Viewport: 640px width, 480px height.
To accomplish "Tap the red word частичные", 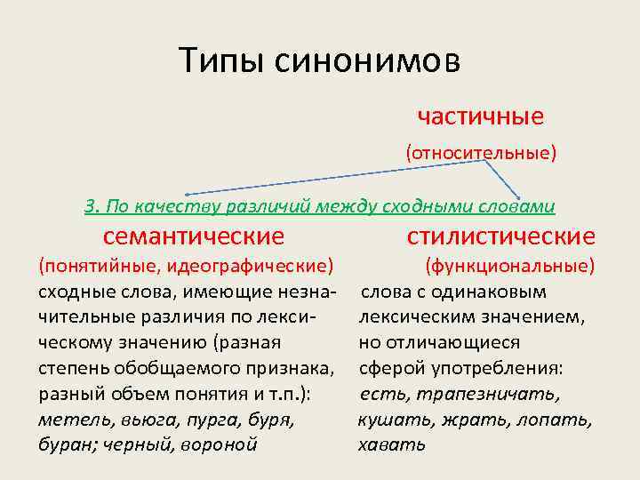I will tap(480, 116).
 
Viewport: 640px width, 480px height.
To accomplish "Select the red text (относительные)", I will tap(481, 153).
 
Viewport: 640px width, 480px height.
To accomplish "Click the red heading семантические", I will tap(194, 236).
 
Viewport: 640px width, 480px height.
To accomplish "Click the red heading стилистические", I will tap(500, 236).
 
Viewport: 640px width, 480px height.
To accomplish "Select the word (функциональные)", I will tap(510, 265).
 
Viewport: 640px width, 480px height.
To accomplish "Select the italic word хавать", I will tap(391, 444).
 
